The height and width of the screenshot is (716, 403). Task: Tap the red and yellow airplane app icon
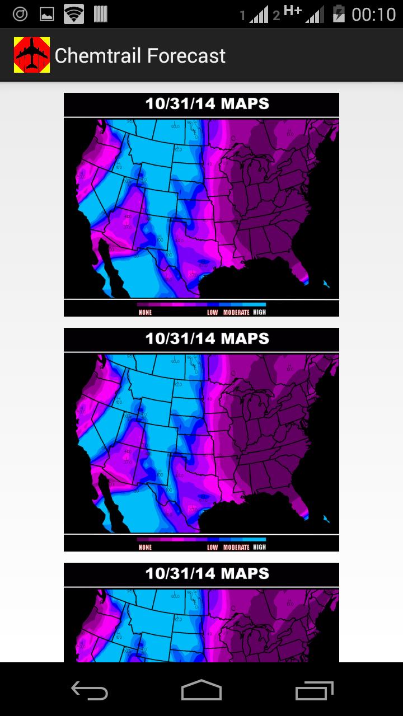pos(32,55)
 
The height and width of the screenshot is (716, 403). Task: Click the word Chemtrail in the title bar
pos(99,55)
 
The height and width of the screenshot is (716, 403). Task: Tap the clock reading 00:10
pos(373,14)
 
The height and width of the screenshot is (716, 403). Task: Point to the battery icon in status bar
pos(339,13)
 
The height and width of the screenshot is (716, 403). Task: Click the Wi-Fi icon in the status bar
pos(73,14)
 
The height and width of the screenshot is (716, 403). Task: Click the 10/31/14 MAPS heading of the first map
pos(207,104)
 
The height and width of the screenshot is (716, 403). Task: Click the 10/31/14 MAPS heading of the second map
pos(207,339)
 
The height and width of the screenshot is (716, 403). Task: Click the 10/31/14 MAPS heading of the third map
pos(207,574)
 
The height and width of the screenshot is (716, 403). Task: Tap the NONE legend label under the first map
pos(146,313)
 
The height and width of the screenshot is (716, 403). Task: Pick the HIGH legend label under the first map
pos(259,312)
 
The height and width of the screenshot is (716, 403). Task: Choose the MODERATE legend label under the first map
pos(236,313)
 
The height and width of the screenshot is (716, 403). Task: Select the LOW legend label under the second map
pos(213,548)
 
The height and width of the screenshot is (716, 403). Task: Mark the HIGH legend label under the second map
pos(259,547)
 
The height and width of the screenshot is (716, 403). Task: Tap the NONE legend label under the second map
pos(146,548)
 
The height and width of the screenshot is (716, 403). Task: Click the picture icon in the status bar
pos(47,15)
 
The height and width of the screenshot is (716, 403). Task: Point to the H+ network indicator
pos(293,11)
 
